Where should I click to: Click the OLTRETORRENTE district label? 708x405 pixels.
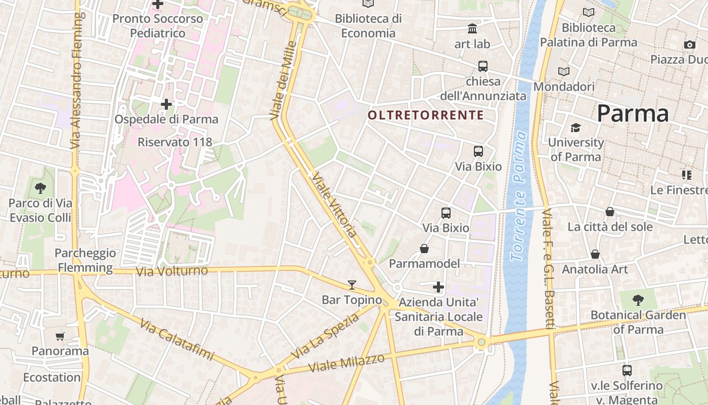click(x=425, y=115)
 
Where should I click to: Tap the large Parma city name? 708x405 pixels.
click(x=633, y=113)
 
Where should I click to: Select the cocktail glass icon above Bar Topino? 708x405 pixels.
click(x=352, y=285)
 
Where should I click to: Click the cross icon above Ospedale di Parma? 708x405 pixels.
click(x=166, y=105)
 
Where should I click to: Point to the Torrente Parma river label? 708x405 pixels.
click(x=519, y=195)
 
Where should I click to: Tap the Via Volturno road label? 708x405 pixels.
click(x=172, y=271)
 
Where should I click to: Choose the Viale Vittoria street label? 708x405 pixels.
click(x=335, y=205)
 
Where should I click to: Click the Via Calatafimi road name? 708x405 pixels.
click(x=177, y=340)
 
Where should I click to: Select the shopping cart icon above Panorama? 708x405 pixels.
click(x=60, y=336)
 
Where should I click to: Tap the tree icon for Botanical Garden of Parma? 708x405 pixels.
click(x=638, y=300)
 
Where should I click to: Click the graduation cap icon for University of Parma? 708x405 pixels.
click(x=576, y=128)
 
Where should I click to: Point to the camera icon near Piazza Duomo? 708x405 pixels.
click(x=689, y=45)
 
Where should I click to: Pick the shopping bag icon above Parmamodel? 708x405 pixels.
click(x=424, y=249)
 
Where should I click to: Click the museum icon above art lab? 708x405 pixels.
click(x=472, y=29)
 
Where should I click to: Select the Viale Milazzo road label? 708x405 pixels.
click(x=346, y=362)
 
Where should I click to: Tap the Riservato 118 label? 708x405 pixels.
click(x=175, y=142)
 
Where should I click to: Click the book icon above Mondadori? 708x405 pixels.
click(x=563, y=72)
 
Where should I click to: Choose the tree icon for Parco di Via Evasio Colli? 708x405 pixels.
click(x=40, y=188)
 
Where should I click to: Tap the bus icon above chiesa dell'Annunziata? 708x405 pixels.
click(x=483, y=66)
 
